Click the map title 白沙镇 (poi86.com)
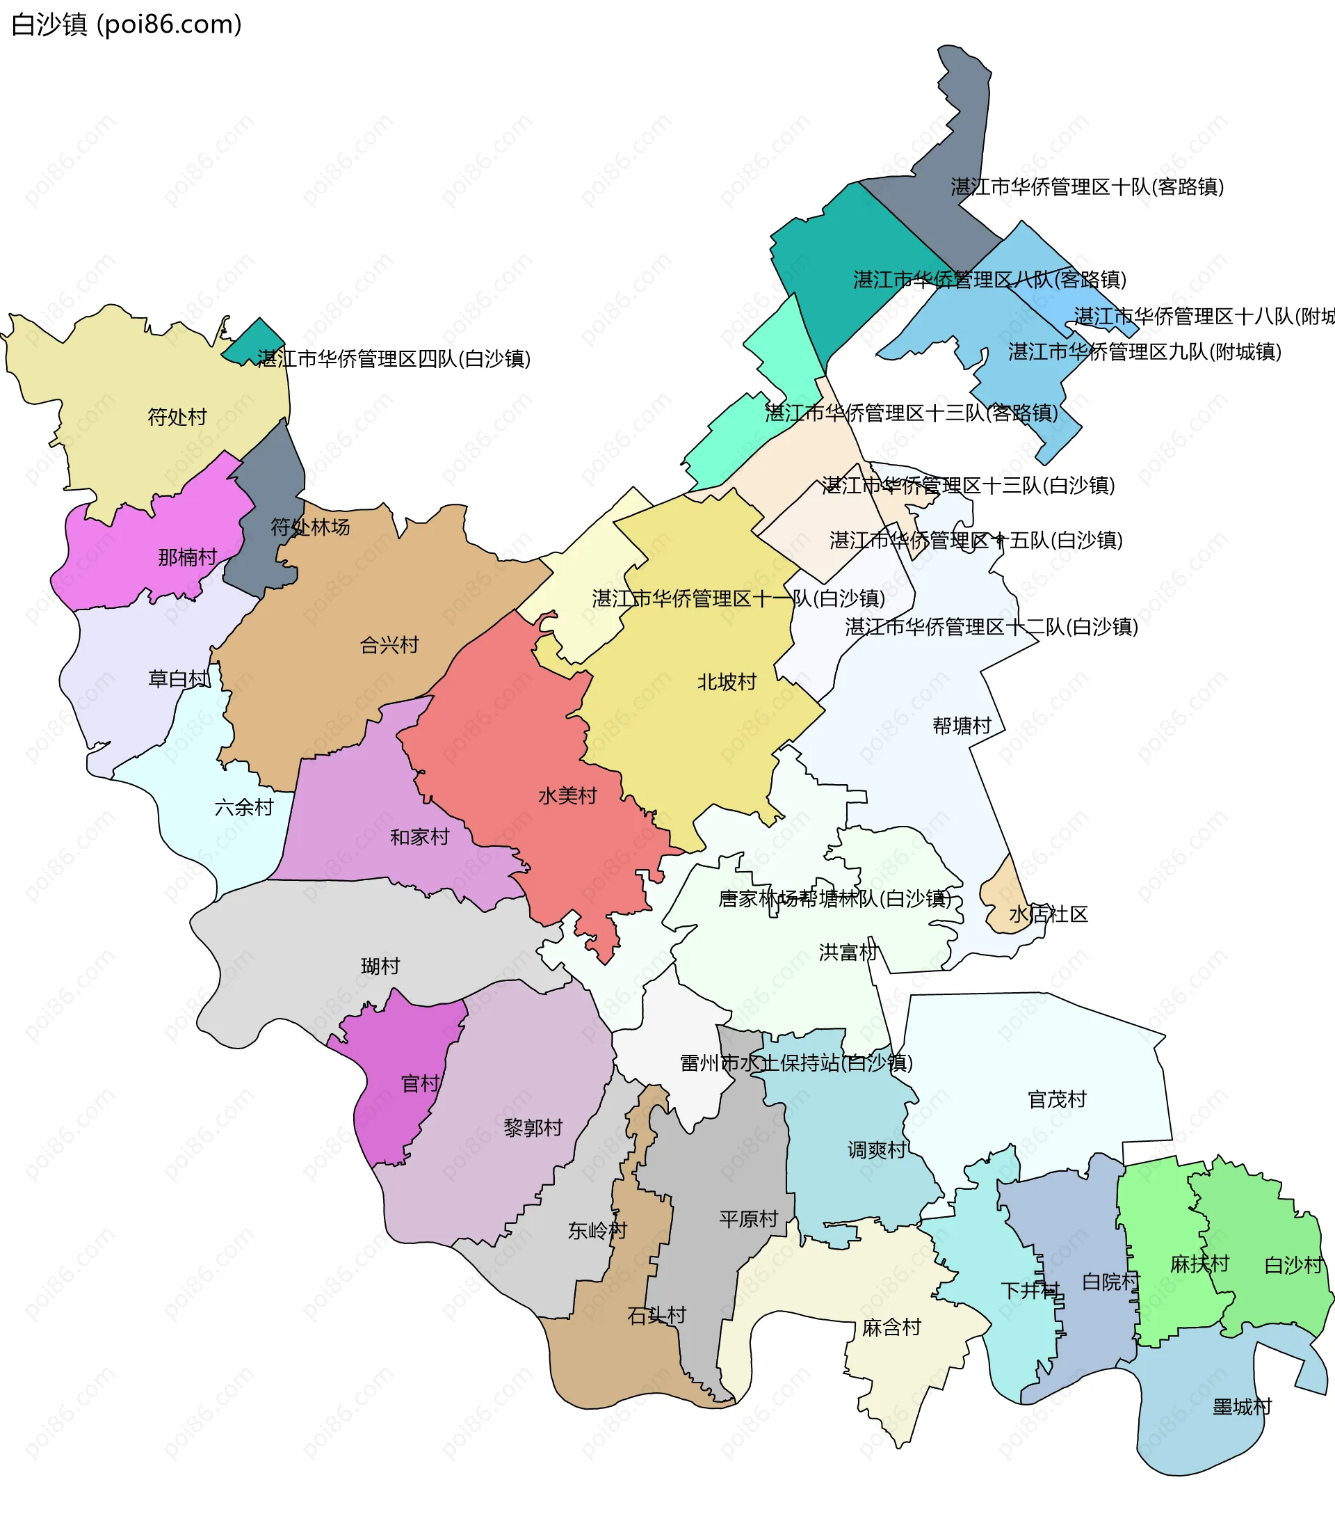click(x=127, y=24)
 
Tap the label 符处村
click(x=177, y=417)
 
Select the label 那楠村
click(x=188, y=557)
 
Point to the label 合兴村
click(x=389, y=644)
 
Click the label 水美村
click(x=567, y=795)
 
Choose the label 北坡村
click(x=727, y=682)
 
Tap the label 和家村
click(x=419, y=837)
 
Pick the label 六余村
click(x=244, y=806)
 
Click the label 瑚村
click(x=380, y=966)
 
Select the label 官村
click(x=420, y=1083)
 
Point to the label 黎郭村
click(x=533, y=1128)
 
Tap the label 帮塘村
click(x=962, y=726)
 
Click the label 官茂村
click(x=1057, y=1099)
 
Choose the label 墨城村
click(x=1242, y=1406)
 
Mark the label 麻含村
click(x=891, y=1328)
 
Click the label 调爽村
click(x=877, y=1150)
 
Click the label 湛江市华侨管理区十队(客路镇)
click(x=1087, y=186)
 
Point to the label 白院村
click(x=1110, y=1282)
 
